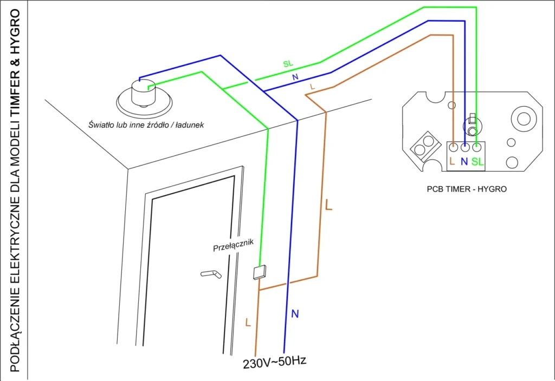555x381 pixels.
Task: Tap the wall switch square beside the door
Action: point(260,272)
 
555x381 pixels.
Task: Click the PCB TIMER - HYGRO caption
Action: point(467,189)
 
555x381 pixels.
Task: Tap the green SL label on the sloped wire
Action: point(288,64)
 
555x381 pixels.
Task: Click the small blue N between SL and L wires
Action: point(295,77)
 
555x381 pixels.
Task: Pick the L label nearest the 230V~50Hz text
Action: point(248,323)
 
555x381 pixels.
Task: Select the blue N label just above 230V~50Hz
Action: point(295,313)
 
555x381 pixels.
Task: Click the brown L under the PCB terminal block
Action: point(453,161)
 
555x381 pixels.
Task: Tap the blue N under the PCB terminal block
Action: point(464,161)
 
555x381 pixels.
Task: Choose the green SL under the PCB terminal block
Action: point(477,161)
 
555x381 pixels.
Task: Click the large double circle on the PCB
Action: point(522,118)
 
